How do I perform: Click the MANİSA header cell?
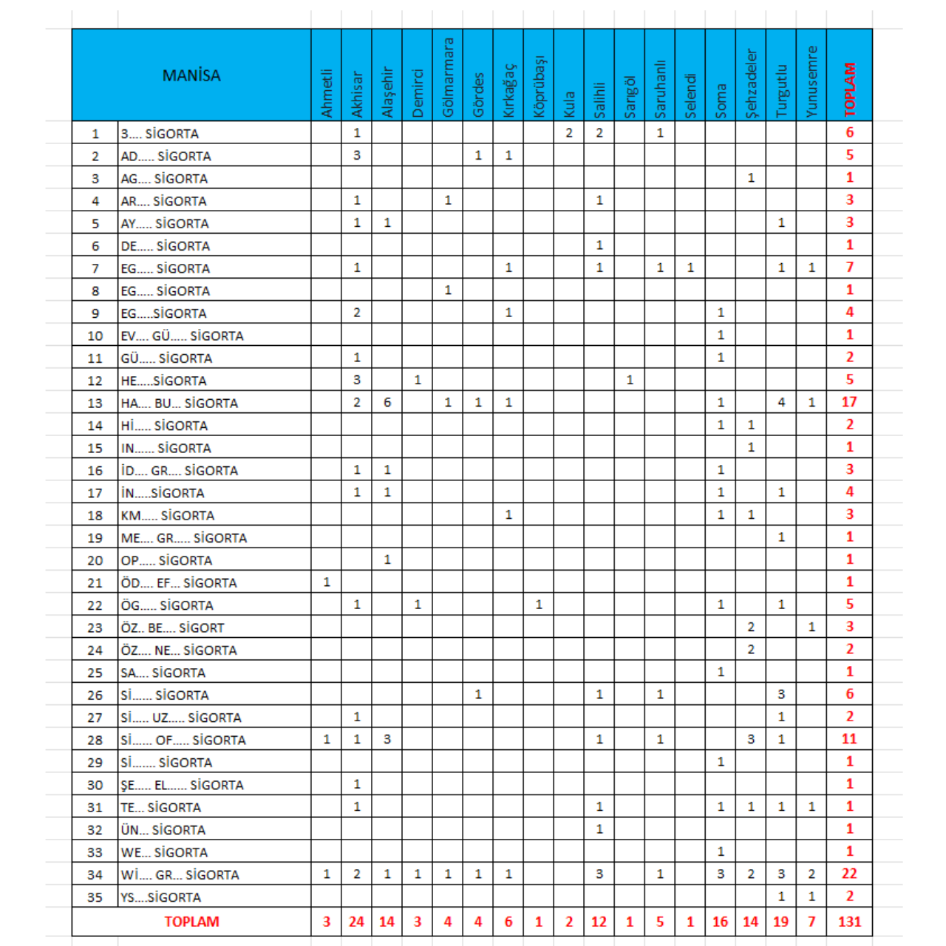click(191, 75)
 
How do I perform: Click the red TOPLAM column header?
click(849, 89)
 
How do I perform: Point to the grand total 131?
click(849, 922)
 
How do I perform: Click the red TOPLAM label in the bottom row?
click(191, 922)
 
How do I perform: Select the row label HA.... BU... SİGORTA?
click(180, 403)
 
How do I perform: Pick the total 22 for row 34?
click(849, 874)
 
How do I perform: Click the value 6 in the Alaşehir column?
click(387, 402)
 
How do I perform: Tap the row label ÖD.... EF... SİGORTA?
click(179, 582)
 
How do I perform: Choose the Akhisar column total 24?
click(357, 922)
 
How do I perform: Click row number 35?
click(95, 896)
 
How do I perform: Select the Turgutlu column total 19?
click(780, 922)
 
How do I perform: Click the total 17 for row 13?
click(849, 402)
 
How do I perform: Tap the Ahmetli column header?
click(327, 93)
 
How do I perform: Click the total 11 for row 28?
click(849, 739)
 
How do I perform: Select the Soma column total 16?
click(721, 922)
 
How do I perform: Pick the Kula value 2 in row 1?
click(569, 133)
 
